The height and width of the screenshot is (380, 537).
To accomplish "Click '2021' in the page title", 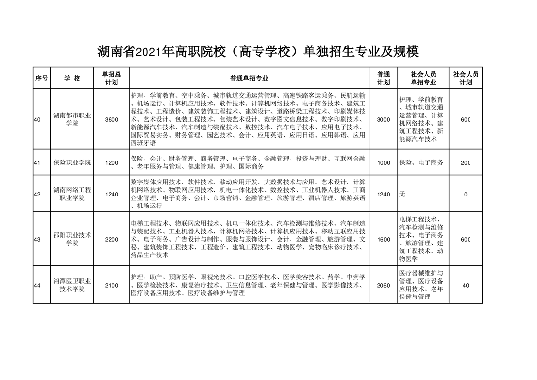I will tap(148, 51).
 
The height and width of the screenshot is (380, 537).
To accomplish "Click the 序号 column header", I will tap(42, 78).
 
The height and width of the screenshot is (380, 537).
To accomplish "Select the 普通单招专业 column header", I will tap(249, 78).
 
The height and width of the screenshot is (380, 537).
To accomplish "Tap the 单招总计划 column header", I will tap(112, 78).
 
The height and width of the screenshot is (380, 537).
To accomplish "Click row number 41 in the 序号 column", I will tap(37, 163).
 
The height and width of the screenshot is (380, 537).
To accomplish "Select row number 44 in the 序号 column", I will tap(37, 286).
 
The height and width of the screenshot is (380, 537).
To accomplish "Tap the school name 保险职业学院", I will tap(72, 163).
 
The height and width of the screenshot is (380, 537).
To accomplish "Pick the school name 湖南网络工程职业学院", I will tap(72, 194).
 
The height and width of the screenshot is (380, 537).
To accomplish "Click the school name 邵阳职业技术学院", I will tap(72, 239).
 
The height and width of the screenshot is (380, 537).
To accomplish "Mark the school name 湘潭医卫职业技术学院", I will tap(72, 286).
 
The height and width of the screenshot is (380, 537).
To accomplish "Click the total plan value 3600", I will tap(112, 119).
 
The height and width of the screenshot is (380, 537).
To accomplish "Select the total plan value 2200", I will tap(112, 239).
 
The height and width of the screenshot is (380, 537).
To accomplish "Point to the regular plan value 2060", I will tap(383, 286).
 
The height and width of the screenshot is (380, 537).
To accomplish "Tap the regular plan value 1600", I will tap(383, 239).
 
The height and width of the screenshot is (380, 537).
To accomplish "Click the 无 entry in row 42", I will tap(402, 194).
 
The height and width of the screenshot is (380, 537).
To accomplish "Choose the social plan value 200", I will tap(466, 163).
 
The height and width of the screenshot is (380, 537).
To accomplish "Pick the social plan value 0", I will tap(466, 194).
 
